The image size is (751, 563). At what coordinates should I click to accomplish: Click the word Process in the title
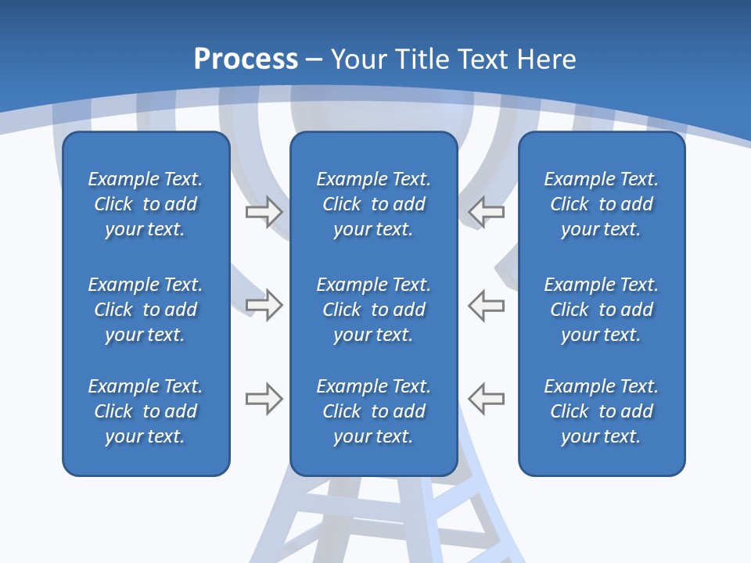pyautogui.click(x=246, y=59)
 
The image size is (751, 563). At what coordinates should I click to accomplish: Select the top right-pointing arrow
pyautogui.click(x=264, y=211)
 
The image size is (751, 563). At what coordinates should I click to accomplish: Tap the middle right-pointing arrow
pyautogui.click(x=264, y=304)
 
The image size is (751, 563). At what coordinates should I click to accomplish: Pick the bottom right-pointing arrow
pyautogui.click(x=264, y=399)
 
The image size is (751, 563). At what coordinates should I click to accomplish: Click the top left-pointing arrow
pyautogui.click(x=486, y=211)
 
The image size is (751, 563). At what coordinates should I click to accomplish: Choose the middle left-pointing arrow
pyautogui.click(x=486, y=304)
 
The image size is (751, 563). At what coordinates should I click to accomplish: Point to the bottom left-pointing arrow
pyautogui.click(x=486, y=399)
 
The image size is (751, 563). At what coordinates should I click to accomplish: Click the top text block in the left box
pyautogui.click(x=146, y=204)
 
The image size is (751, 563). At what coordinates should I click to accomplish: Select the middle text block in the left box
pyautogui.click(x=146, y=310)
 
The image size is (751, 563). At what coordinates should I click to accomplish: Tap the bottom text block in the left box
pyautogui.click(x=146, y=411)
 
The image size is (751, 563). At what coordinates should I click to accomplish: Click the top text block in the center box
pyautogui.click(x=374, y=204)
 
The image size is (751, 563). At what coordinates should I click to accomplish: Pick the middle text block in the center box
pyautogui.click(x=374, y=310)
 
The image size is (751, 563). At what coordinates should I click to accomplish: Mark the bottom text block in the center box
pyautogui.click(x=374, y=411)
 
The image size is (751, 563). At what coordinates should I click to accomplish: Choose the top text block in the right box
pyautogui.click(x=602, y=204)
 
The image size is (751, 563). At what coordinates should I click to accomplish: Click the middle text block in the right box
pyautogui.click(x=602, y=310)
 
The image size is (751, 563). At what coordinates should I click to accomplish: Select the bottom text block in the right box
pyautogui.click(x=602, y=411)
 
